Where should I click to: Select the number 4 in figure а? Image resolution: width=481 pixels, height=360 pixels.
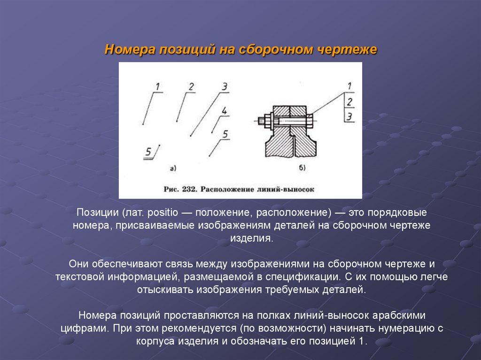[224, 111]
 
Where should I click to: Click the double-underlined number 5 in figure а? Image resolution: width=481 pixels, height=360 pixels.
[148, 152]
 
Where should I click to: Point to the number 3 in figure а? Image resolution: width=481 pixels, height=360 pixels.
[225, 86]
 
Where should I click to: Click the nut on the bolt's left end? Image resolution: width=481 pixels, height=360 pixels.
[266, 120]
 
